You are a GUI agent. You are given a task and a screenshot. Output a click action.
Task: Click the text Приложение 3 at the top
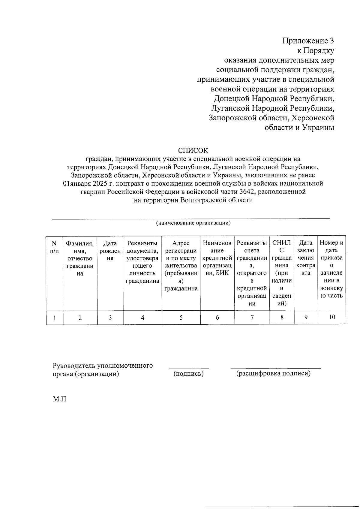[x=308, y=41]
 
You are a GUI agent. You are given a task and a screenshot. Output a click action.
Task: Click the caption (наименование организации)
[x=193, y=223]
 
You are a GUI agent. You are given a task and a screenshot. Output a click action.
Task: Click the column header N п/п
[x=54, y=247]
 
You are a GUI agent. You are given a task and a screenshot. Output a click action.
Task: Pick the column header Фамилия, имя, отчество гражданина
[x=80, y=258]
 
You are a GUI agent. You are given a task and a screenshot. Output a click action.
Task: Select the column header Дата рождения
[x=110, y=251]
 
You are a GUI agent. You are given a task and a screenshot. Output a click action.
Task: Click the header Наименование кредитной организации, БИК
[x=217, y=258]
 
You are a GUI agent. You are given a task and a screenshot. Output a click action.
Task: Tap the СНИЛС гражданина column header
[x=282, y=273]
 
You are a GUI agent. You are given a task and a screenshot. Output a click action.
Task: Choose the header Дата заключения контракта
[x=306, y=258]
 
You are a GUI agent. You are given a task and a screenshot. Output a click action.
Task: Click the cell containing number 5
[x=181, y=318]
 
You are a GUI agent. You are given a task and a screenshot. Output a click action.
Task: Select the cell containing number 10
[x=332, y=317]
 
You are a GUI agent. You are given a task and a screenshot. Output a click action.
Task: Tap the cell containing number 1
[x=55, y=318]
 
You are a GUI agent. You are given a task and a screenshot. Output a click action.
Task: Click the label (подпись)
[x=189, y=374]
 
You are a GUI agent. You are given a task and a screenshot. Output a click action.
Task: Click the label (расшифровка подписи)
[x=273, y=373]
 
